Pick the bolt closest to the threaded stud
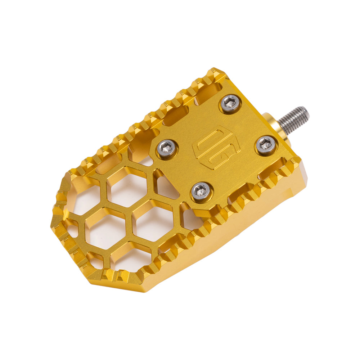(266, 145)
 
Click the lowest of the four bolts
(202, 191)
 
